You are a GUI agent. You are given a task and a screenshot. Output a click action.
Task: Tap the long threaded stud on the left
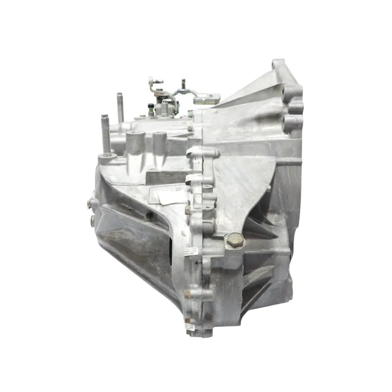106,134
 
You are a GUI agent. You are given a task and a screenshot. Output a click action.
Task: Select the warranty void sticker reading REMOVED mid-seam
189,250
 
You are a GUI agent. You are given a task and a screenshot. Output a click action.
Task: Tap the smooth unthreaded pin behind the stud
120,107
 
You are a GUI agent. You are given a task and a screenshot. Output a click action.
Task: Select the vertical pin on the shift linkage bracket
184,84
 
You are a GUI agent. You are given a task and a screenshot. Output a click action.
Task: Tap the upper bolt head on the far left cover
89,204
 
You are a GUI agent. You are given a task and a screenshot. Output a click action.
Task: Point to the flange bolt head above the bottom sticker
187,293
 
